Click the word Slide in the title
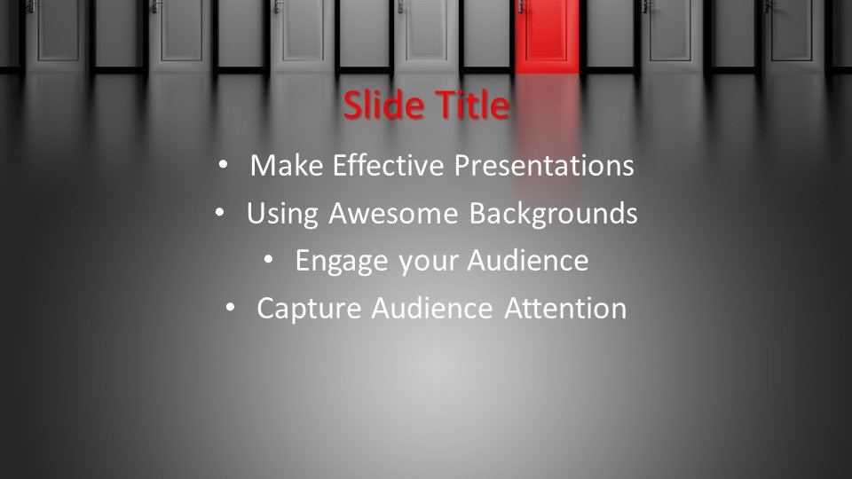coord(383,105)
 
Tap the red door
coord(547,35)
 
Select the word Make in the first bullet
coord(287,165)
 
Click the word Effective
coord(388,165)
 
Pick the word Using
coord(282,214)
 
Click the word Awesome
coord(393,213)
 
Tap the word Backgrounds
coord(553,213)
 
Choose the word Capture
coord(309,309)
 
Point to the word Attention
coord(565,308)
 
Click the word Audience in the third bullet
coord(527,260)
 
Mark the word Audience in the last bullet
coord(432,308)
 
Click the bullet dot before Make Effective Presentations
coord(223,164)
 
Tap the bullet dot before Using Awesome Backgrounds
coord(219,212)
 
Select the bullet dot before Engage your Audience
coord(268,260)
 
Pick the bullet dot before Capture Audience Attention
coord(230,308)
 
